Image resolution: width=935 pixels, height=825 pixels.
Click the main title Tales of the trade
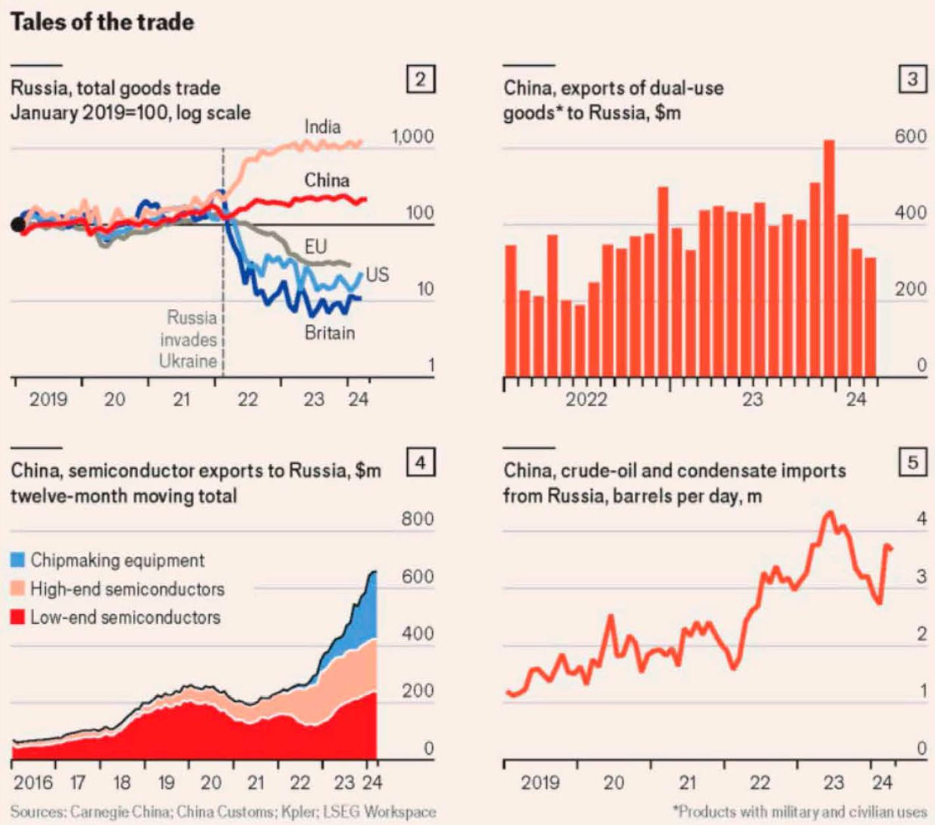(x=102, y=22)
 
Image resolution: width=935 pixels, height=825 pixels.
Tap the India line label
(x=322, y=126)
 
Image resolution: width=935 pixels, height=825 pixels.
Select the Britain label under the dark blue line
(x=329, y=333)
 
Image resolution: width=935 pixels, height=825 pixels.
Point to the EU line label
(x=316, y=247)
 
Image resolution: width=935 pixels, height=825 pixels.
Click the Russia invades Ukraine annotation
(x=189, y=339)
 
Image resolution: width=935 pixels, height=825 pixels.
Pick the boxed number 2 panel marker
(x=420, y=80)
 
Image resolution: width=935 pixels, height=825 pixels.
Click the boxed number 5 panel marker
(x=913, y=463)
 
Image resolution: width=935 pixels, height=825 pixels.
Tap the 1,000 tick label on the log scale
(x=412, y=137)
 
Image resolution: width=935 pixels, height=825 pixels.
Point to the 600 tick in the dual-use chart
(x=911, y=137)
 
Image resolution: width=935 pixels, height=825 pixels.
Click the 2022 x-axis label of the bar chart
(x=586, y=399)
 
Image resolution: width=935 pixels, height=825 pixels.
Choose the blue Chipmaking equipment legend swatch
(x=18, y=560)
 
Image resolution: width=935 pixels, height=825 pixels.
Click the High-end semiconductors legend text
(x=128, y=589)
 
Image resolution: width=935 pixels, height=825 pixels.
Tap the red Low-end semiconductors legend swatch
(x=18, y=617)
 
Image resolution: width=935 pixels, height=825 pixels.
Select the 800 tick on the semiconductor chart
(x=418, y=519)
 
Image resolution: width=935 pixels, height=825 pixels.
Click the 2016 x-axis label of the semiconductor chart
(x=33, y=782)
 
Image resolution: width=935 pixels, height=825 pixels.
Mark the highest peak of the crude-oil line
(x=830, y=513)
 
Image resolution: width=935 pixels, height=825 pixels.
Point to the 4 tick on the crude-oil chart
(x=921, y=519)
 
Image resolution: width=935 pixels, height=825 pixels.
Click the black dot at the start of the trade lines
(x=18, y=225)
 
